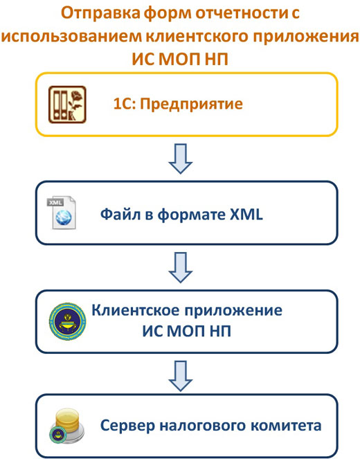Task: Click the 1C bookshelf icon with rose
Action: point(67,105)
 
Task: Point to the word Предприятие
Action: point(191,105)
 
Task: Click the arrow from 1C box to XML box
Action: point(180,159)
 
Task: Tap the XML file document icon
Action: point(62,213)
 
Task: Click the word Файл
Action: point(120,215)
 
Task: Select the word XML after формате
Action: point(246,215)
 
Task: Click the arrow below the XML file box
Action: point(180,267)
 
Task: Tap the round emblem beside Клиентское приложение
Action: point(67,321)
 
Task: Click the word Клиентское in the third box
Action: point(136,310)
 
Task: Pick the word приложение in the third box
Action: point(234,311)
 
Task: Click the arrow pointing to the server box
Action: point(180,376)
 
